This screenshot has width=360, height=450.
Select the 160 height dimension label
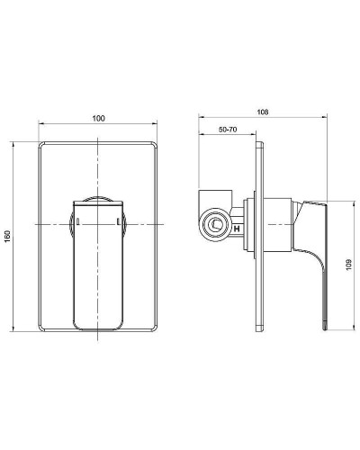[8, 236]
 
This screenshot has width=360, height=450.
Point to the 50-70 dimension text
[228, 130]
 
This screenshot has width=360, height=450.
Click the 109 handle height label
[349, 266]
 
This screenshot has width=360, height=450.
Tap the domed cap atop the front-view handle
[97, 198]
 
